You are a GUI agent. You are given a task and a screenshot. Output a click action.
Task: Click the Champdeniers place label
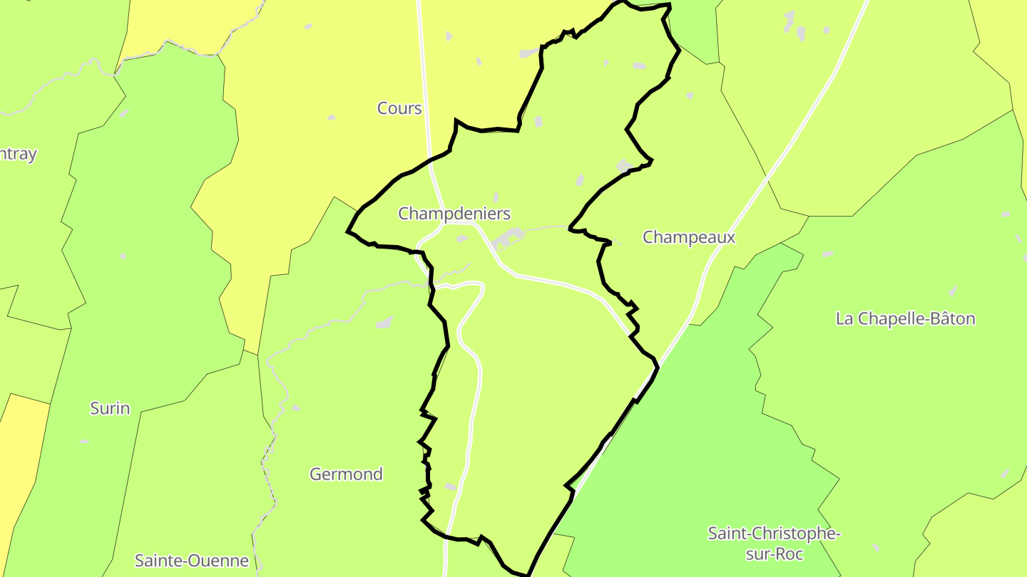tap(454, 214)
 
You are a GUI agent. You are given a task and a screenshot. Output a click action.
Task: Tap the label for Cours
tap(399, 109)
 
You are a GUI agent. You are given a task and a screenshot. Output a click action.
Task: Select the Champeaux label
tap(688, 238)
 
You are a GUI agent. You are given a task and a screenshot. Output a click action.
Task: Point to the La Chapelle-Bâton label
tap(904, 318)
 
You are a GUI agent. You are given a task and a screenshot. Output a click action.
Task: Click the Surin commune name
tap(110, 408)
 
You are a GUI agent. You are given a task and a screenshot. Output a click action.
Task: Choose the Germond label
tap(346, 474)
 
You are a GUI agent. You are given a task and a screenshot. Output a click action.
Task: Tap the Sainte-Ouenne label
tap(192, 561)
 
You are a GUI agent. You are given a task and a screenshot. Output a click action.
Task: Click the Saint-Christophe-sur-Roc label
tap(773, 543)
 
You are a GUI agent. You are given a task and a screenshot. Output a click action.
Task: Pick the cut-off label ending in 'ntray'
tap(18, 155)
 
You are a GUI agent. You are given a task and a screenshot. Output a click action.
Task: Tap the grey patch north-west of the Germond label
tap(385, 323)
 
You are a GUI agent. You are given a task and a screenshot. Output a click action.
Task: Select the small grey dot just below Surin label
tap(85, 441)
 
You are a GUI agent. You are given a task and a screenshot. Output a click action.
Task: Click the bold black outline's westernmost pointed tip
tap(347, 232)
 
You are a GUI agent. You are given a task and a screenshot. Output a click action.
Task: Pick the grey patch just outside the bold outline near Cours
tap(528, 53)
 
